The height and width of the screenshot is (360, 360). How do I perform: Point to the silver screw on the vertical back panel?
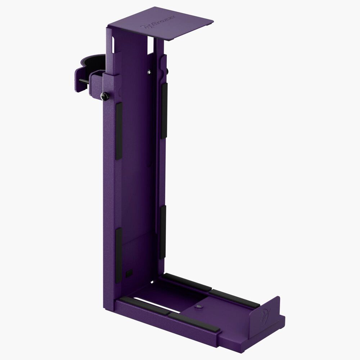tap(149, 72)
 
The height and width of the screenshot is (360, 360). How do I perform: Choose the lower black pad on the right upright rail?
tap(163, 232)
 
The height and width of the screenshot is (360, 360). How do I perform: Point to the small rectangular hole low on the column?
tap(129, 273)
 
